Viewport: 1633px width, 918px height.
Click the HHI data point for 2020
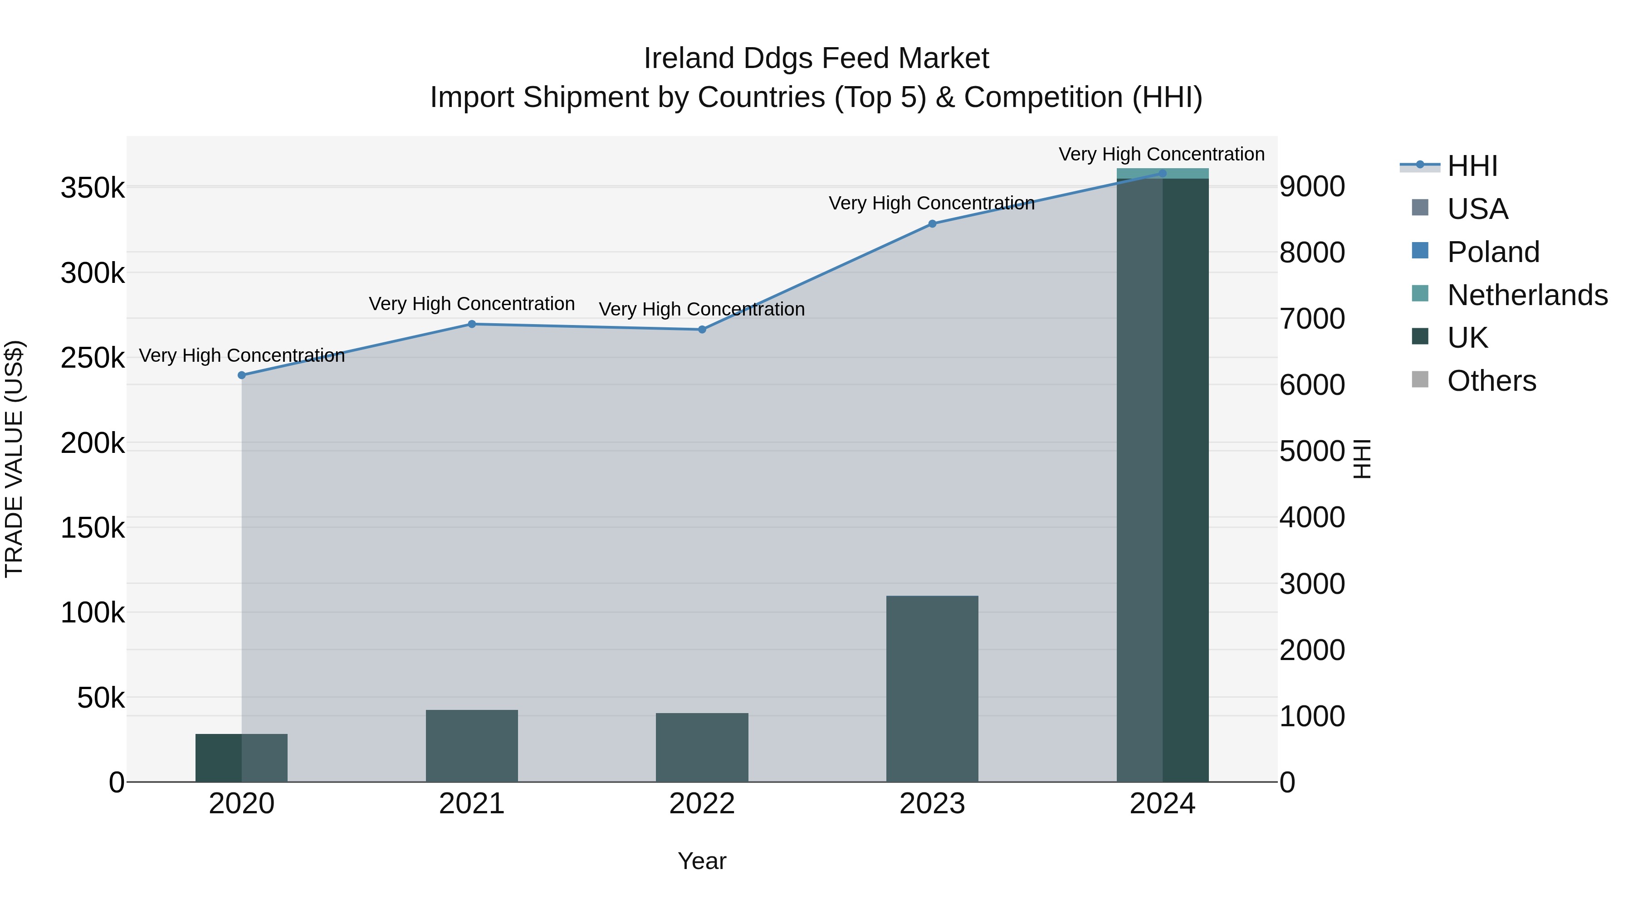pos(241,375)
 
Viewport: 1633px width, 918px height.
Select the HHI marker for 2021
pos(472,325)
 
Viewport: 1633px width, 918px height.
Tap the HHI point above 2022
pos(702,330)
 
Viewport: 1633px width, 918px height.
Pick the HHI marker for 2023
pos(932,223)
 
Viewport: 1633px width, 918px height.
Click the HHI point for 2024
pos(1162,173)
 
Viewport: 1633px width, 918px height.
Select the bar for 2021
pos(472,746)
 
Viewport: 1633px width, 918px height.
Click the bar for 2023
pos(932,689)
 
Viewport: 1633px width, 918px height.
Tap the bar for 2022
pos(702,748)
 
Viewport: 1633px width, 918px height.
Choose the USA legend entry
pos(1477,209)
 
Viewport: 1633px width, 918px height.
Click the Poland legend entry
pos(1493,252)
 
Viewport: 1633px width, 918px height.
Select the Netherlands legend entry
pos(1526,295)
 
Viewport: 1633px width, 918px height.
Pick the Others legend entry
pos(1491,381)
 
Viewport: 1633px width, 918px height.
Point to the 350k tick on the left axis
pos(93,188)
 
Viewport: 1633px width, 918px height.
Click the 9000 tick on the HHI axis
pos(1311,187)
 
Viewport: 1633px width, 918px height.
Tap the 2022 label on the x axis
pos(702,804)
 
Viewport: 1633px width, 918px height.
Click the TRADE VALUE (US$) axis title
pos(14,459)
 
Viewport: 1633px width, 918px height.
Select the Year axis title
pos(702,861)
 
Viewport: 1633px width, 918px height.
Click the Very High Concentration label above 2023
pos(931,204)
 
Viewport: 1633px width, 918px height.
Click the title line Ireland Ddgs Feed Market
pos(816,58)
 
